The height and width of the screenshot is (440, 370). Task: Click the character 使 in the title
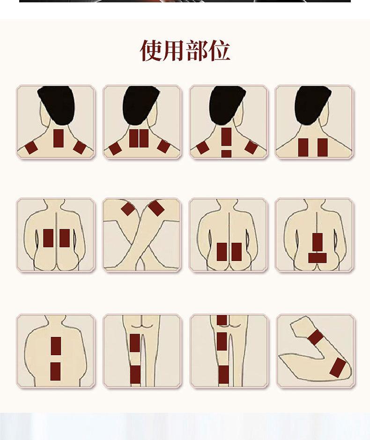151,51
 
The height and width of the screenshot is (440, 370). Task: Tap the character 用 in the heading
173,51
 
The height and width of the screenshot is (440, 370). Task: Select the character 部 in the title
196,51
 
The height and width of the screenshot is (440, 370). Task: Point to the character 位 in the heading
219,51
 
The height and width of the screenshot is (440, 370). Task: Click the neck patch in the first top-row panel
59,138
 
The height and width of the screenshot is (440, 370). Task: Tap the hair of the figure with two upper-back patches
312,104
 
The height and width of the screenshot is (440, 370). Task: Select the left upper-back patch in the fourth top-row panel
303,147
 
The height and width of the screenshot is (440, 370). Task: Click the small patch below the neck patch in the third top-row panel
226,154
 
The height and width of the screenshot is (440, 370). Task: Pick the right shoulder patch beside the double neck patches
164,147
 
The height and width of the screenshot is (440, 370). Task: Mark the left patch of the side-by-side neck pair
134,138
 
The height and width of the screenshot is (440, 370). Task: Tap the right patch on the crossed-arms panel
156,208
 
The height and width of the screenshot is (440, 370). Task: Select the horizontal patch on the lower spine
318,258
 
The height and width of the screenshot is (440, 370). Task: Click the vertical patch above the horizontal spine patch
318,242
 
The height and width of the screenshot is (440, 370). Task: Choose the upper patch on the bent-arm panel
316,337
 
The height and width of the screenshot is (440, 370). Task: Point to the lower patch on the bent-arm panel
338,367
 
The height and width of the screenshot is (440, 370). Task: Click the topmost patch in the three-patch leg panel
222,320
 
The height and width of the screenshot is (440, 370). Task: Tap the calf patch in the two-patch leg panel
135,374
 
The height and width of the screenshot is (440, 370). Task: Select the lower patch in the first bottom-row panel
56,371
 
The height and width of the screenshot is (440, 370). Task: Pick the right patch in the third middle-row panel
237,252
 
